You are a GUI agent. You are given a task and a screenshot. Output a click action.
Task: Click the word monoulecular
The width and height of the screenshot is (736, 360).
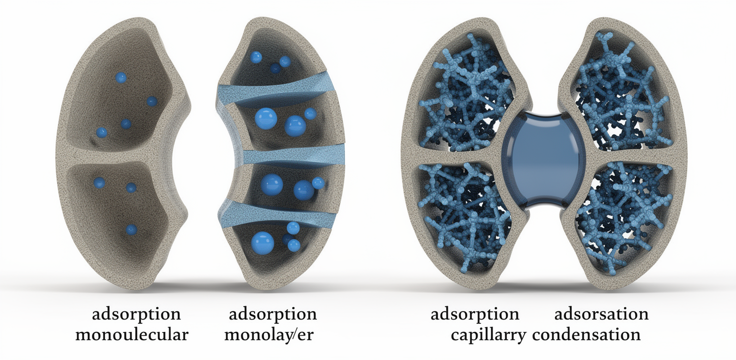(132, 335)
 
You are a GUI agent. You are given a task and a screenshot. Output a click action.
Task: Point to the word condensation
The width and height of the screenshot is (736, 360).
(586, 335)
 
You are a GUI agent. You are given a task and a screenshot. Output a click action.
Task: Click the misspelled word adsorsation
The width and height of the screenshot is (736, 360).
(601, 314)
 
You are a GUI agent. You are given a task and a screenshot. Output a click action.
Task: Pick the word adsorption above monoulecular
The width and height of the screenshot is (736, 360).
(136, 314)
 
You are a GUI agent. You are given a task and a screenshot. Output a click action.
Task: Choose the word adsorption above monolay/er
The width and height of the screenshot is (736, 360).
(272, 314)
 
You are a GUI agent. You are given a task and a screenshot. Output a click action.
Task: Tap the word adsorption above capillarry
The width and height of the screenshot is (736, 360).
(475, 314)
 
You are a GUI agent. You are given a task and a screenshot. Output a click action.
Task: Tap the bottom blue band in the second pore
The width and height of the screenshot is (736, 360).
(276, 214)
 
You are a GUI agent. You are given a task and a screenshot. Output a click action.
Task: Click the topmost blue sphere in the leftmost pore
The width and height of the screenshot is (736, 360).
(121, 78)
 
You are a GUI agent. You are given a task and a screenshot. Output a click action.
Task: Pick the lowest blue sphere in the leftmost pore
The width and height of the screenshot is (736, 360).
(131, 229)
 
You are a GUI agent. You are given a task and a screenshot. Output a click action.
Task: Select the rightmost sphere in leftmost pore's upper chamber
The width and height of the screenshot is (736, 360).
(152, 101)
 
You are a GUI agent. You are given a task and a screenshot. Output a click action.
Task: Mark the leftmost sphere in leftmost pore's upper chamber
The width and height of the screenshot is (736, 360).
(101, 132)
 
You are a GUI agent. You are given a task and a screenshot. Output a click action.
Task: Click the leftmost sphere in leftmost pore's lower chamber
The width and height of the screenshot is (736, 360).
(99, 183)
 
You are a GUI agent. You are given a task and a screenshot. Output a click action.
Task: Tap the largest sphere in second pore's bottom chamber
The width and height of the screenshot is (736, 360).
(262, 243)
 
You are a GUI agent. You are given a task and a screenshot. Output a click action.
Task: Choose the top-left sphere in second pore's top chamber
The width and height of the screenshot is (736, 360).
(256, 57)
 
